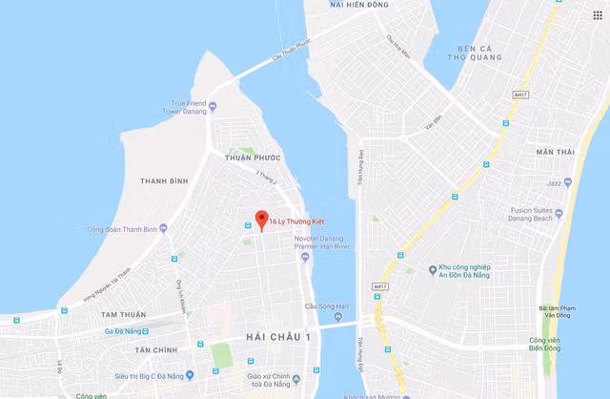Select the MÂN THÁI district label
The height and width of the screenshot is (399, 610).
coord(556,152)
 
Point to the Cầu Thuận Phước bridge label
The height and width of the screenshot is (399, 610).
coord(290,53)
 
